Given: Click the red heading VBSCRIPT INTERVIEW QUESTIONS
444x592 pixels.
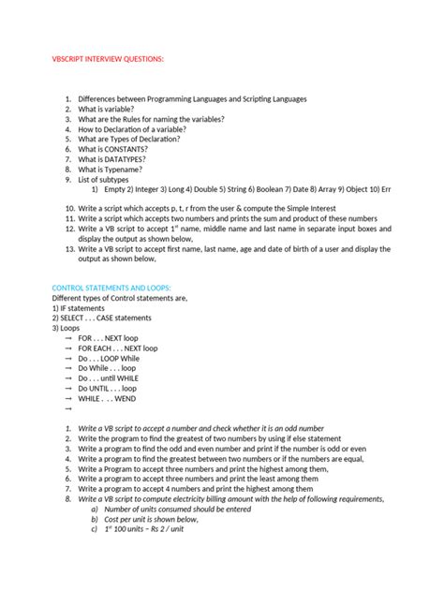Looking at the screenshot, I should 107,59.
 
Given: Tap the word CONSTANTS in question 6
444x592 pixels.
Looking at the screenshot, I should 130,148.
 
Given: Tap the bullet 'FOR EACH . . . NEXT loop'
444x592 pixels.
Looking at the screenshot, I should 118,348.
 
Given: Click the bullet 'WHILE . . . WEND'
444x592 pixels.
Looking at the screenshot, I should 107,398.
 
